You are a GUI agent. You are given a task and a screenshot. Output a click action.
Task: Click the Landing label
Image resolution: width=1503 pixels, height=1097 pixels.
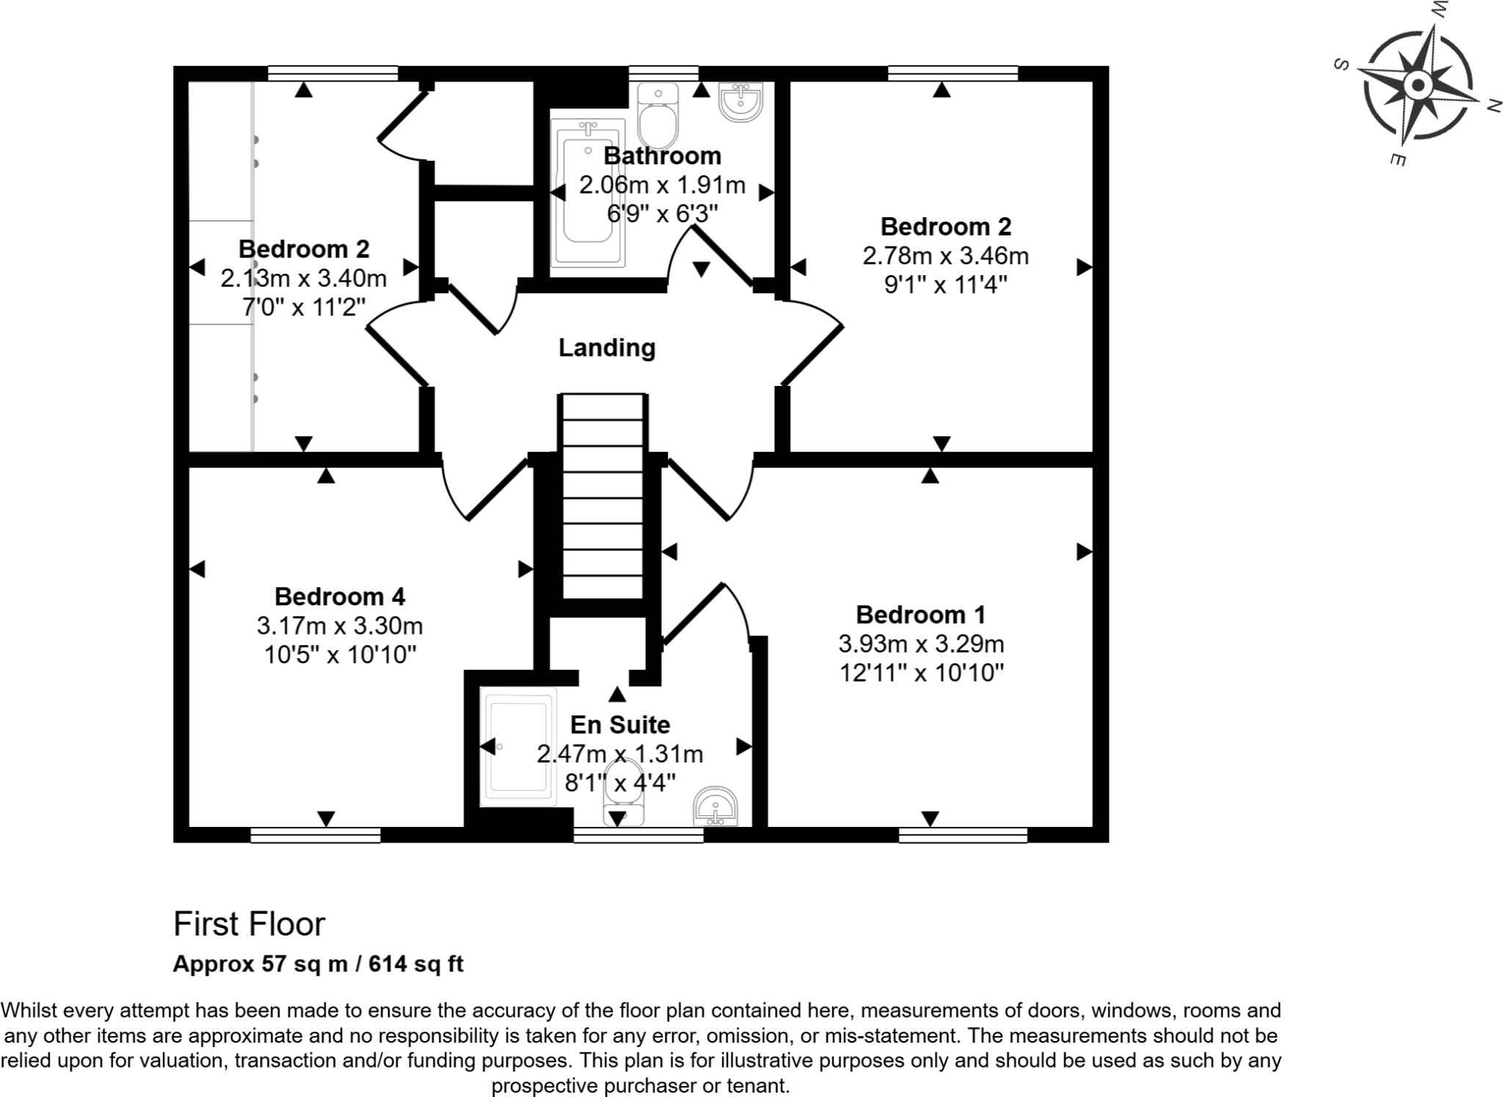(x=606, y=347)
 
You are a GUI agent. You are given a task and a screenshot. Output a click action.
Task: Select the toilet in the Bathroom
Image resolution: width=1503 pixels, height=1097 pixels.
(x=658, y=117)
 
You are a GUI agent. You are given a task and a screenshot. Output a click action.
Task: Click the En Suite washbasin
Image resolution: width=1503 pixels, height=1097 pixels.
(x=716, y=807)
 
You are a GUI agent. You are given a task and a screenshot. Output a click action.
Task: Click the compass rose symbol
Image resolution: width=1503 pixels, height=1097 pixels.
(x=1417, y=86)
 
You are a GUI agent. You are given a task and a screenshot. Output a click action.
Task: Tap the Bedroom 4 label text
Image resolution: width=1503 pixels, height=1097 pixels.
(x=340, y=597)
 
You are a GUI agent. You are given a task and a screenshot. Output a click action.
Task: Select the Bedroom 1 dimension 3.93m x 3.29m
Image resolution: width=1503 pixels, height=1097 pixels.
(x=921, y=644)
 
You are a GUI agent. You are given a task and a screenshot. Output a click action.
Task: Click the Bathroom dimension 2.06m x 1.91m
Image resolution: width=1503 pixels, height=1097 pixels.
(x=662, y=185)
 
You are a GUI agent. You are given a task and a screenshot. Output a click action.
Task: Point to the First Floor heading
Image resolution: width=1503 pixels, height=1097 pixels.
(x=249, y=925)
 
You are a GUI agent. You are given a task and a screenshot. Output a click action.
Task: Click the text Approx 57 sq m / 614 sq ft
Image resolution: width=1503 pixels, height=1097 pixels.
(x=318, y=963)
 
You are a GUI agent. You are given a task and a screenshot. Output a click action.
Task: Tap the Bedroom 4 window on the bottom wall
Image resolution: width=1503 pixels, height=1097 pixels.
(x=316, y=835)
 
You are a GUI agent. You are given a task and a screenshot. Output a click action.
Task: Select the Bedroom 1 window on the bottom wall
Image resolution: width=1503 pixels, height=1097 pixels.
(x=962, y=835)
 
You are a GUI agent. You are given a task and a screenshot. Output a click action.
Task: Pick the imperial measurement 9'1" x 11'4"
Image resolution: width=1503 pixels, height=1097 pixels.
(x=945, y=285)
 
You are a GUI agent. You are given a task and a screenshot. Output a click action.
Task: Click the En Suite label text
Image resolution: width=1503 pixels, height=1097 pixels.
(x=620, y=725)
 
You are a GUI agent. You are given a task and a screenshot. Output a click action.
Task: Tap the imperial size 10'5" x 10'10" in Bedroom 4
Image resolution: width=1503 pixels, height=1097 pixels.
(x=340, y=655)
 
